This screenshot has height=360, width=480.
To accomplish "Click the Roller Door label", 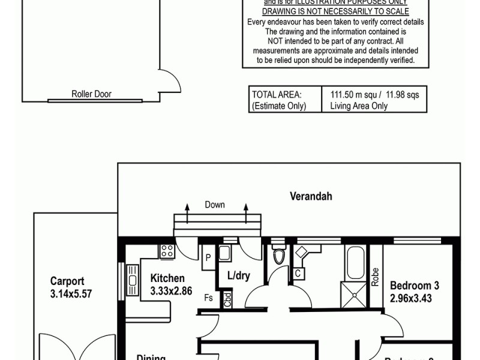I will click(91, 94).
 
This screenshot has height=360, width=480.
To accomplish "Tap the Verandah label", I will click(311, 196).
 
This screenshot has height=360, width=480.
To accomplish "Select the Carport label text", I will click(67, 281).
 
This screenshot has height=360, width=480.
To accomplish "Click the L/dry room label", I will click(238, 275).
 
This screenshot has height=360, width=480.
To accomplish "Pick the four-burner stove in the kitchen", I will click(166, 251).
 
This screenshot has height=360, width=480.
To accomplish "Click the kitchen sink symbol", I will click(132, 280).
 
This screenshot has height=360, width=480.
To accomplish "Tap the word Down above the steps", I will click(215, 205).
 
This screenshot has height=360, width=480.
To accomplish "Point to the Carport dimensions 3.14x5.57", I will click(72, 295).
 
